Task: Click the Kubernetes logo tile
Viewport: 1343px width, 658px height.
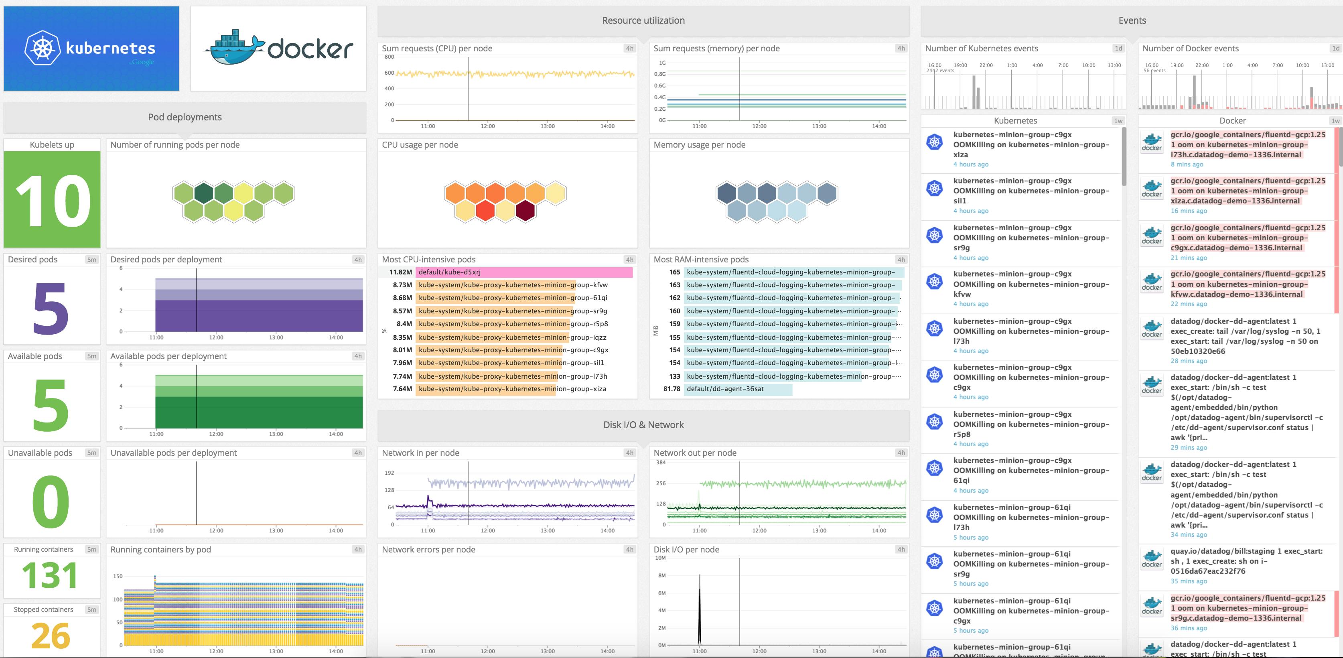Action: [x=91, y=49]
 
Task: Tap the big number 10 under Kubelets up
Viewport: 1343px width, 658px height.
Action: [x=52, y=201]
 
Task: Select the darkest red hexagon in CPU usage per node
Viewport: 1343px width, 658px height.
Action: [x=525, y=211]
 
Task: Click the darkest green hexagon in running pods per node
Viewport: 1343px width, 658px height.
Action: [x=203, y=193]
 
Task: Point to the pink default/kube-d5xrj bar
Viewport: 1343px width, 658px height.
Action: [x=524, y=272]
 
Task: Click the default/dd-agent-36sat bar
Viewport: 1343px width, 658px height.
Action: [x=738, y=389]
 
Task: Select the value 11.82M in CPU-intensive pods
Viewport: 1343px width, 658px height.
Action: [x=400, y=272]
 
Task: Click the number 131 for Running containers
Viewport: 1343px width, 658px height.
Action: [x=51, y=575]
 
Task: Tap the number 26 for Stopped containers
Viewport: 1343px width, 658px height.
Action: [x=51, y=636]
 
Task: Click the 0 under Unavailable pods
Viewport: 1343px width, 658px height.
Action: [x=51, y=502]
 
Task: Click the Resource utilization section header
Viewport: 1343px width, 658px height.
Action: [x=643, y=21]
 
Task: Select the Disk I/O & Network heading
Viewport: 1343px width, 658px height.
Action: [x=643, y=425]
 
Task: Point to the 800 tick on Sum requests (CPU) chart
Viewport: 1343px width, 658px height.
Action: [x=389, y=57]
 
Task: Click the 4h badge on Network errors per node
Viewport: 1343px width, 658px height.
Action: [x=629, y=550]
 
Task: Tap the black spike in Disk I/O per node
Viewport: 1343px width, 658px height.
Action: [x=699, y=610]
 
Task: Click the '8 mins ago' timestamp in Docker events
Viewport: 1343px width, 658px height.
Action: [x=1187, y=164]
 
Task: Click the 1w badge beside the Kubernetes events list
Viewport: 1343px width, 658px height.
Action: [x=1118, y=121]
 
